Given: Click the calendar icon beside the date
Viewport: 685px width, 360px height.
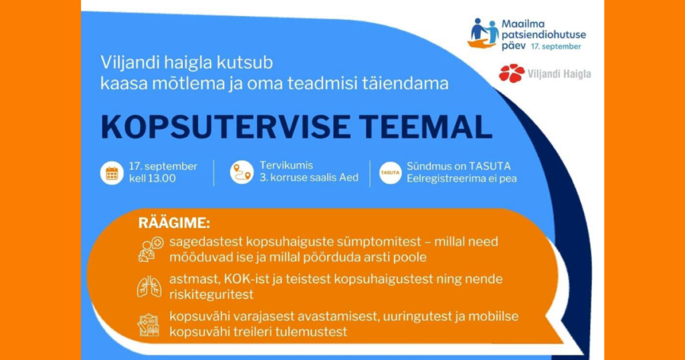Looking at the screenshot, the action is [x=112, y=173].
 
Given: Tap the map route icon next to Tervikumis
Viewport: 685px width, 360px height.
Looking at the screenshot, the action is [x=242, y=172].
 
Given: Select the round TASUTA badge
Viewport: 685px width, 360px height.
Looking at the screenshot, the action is [x=390, y=173].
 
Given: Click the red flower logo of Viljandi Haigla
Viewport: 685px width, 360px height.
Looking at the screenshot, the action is [x=512, y=74].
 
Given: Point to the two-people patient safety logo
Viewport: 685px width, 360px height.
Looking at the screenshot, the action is [x=483, y=33].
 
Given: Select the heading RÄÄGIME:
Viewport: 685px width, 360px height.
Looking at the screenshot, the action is [x=174, y=223].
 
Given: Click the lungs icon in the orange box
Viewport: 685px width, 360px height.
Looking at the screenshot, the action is [x=149, y=286].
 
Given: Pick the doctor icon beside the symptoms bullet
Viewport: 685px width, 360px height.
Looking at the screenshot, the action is [x=151, y=250].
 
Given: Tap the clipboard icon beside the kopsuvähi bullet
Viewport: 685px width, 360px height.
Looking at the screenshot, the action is [x=149, y=325].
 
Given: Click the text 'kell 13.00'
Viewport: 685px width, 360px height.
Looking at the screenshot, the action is [x=152, y=178].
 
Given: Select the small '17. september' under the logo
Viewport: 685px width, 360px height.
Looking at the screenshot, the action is [x=556, y=46].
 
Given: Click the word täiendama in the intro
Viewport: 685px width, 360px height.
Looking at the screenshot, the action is [x=405, y=84].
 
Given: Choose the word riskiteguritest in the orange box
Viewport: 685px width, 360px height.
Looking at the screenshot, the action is [x=211, y=294].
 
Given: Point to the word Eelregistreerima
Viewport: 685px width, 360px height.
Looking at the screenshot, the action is [x=445, y=179].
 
